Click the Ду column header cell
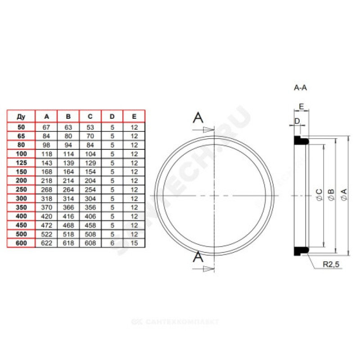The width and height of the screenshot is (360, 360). point(21,117)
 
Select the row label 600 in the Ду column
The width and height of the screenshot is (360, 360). point(21,243)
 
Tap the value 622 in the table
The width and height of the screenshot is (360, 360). point(46,243)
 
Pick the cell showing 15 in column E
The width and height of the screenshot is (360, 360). point(134,243)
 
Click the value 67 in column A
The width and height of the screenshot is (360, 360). point(46,127)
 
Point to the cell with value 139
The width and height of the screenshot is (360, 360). point(68,163)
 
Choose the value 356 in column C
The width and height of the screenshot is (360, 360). point(90,207)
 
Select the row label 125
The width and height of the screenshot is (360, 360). point(21,163)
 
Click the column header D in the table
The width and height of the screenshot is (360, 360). point(112,117)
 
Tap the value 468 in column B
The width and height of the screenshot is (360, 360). point(68,225)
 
